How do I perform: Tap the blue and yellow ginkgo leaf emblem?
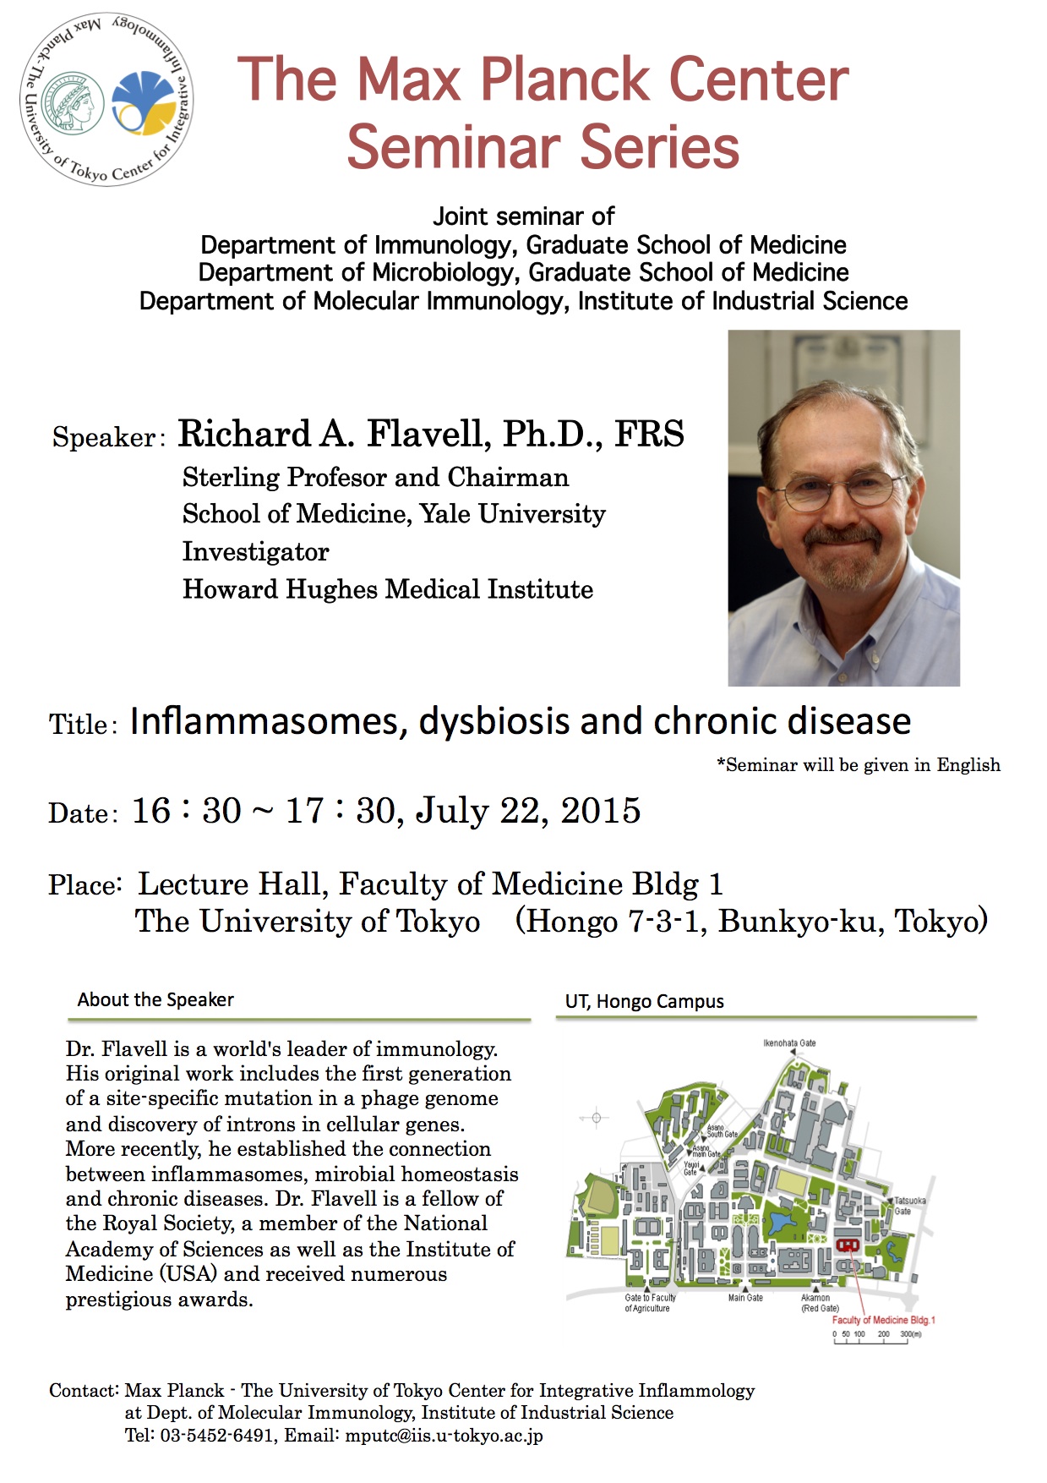click(145, 103)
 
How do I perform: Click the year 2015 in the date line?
click(601, 810)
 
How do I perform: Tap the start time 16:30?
click(187, 810)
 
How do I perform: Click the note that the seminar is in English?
click(859, 765)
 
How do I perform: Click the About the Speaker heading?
click(155, 999)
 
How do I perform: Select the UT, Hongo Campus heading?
click(644, 1001)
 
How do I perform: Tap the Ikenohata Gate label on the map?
click(789, 1042)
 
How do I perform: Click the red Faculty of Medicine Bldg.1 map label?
click(883, 1320)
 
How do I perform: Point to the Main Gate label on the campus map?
click(745, 1298)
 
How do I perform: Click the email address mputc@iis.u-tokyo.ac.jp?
click(444, 1436)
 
